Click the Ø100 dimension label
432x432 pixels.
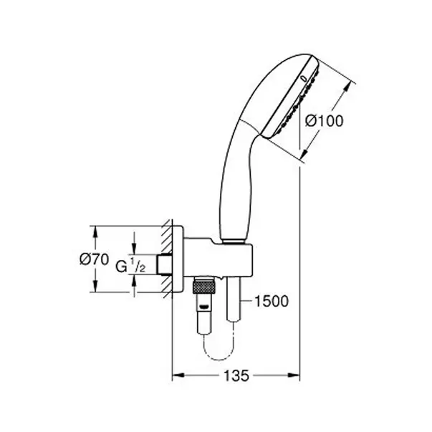[325, 121]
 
